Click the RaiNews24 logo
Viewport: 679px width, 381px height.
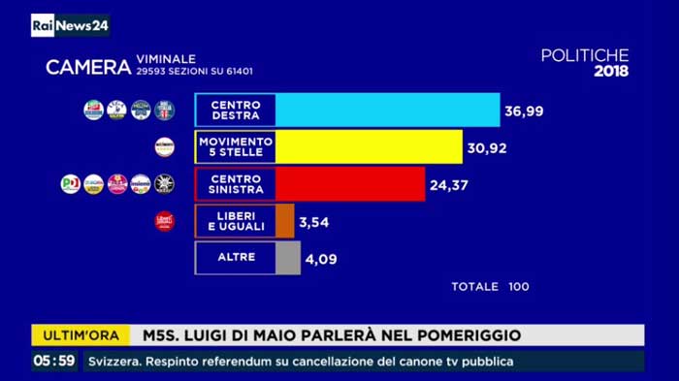[x=69, y=25]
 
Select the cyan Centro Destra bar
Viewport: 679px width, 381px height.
[x=388, y=111]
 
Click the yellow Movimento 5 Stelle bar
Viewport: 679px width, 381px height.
[x=370, y=147]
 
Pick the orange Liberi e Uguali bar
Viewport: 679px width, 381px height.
[x=285, y=221]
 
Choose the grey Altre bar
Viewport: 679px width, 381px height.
[x=288, y=259]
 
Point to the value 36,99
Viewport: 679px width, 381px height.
[x=524, y=111]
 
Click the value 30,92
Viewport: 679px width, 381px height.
[x=487, y=148]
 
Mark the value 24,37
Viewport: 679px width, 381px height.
[x=449, y=184]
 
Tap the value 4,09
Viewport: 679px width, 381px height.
[x=322, y=260]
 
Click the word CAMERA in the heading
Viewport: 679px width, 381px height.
[x=88, y=67]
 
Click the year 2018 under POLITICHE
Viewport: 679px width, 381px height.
[x=610, y=71]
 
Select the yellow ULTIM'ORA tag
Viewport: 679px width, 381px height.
[x=81, y=335]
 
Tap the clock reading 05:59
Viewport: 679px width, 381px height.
[x=53, y=361]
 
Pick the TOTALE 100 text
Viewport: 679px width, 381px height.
[x=490, y=287]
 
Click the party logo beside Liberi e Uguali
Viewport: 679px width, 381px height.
[x=165, y=222]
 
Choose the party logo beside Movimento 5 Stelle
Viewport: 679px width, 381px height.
[x=165, y=147]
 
